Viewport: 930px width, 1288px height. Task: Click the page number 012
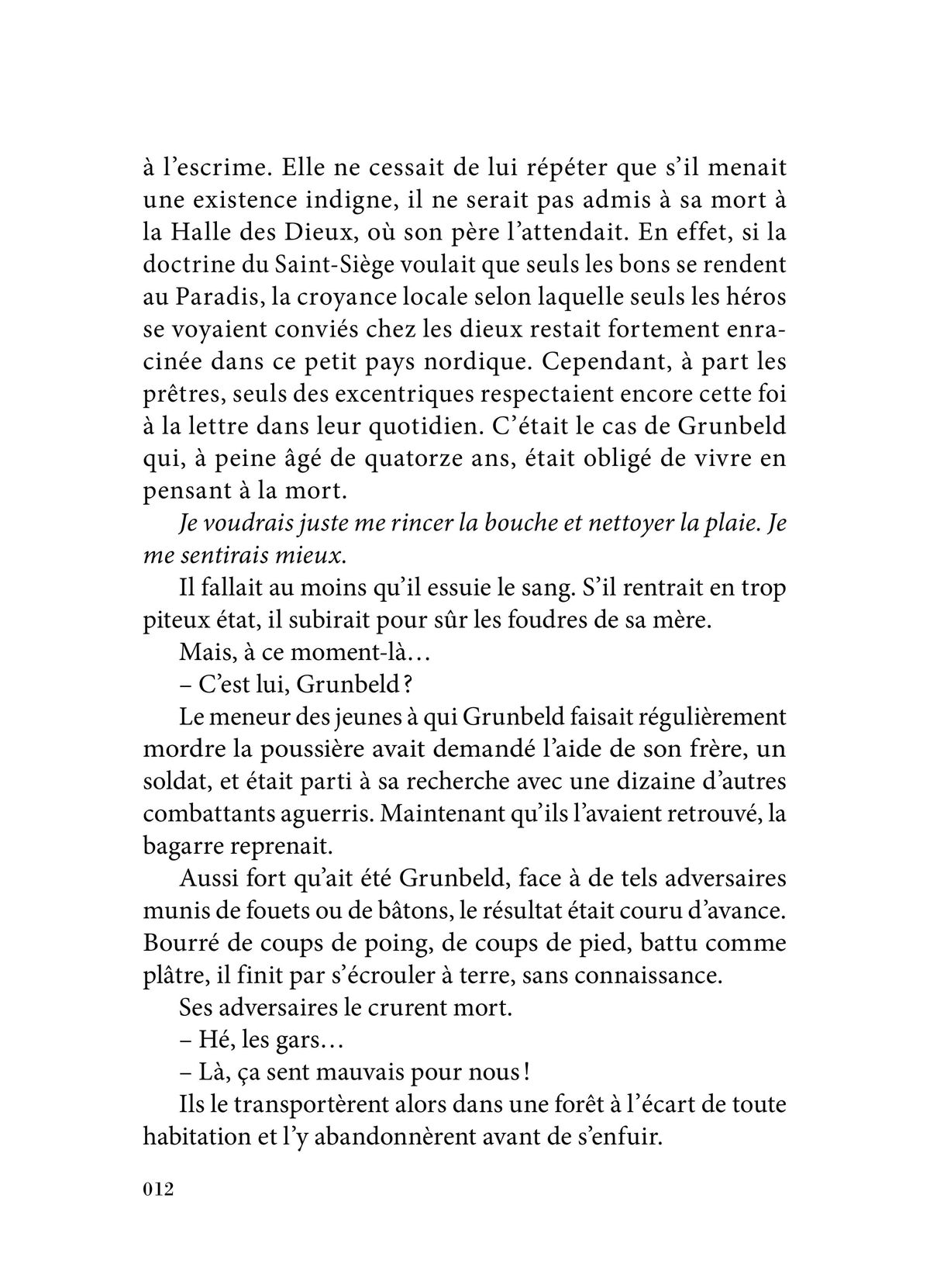coord(157,1190)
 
